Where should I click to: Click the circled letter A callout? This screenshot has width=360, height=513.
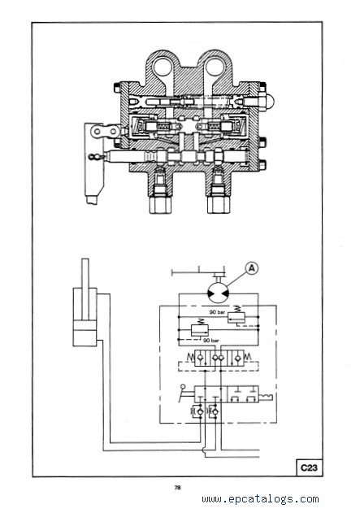[251, 268]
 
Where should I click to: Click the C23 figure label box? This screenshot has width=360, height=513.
[309, 467]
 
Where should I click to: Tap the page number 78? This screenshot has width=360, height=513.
[177, 488]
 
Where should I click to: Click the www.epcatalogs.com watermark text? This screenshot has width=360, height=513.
[260, 499]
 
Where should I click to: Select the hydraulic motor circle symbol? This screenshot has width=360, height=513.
[219, 293]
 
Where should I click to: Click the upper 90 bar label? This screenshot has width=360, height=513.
[217, 312]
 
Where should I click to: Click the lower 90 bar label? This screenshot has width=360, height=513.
[211, 341]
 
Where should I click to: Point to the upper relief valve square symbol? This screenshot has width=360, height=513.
[236, 317]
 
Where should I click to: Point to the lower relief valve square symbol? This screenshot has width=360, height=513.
[199, 330]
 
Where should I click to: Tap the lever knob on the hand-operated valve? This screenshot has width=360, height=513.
[183, 387]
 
